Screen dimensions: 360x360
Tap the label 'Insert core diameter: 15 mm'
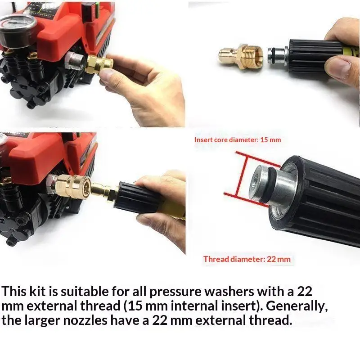coord(238,140)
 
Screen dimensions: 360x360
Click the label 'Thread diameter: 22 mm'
coord(247,259)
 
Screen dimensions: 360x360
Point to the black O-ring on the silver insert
coord(268,185)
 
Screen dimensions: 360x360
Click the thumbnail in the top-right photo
coord(340,67)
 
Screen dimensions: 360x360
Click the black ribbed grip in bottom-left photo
coord(136,198)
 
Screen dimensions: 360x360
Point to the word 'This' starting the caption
coord(14,291)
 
